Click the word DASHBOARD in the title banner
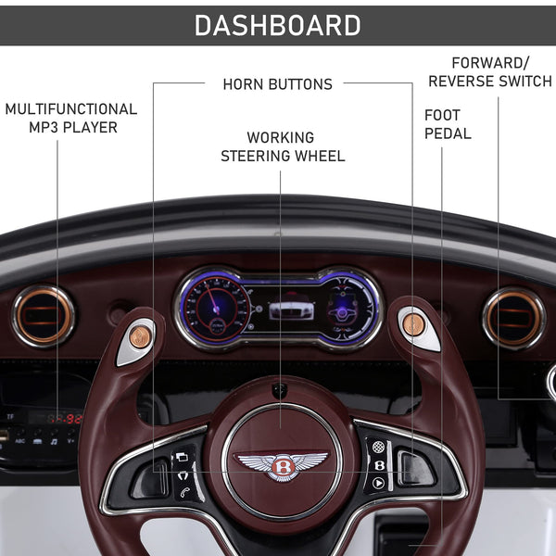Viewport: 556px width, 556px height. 277,25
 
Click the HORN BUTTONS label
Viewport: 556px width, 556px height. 277,84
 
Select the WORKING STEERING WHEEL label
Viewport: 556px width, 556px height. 282,146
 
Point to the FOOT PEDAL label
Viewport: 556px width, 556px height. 448,124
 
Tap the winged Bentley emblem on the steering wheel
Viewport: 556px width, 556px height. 282,464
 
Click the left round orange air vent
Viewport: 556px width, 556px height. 44,317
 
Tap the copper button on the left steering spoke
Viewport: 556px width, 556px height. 140,336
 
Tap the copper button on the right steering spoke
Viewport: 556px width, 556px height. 413,324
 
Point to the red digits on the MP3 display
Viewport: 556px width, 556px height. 67,418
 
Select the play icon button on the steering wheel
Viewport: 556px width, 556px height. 378,483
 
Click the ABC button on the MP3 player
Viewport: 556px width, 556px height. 19,442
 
